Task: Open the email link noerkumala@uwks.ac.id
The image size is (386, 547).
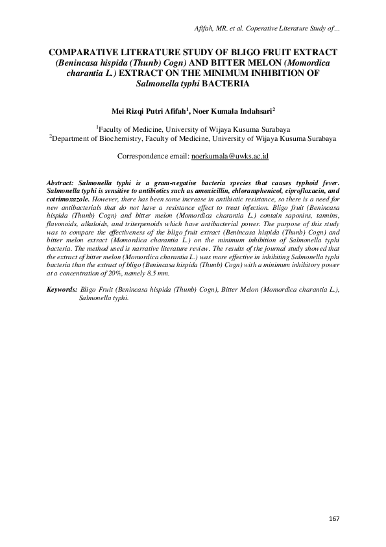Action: click(230, 157)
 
